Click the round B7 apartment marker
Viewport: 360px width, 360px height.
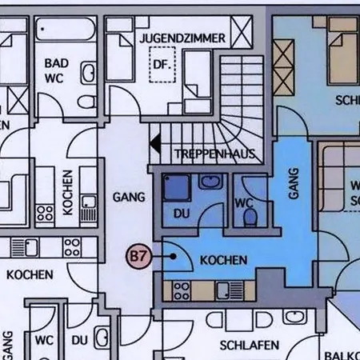(x=139, y=257)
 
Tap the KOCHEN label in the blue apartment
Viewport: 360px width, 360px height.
(x=223, y=260)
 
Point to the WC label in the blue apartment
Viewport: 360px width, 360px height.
(x=244, y=203)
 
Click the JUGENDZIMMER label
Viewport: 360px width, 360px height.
(x=182, y=38)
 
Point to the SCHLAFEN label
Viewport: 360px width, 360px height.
(x=249, y=345)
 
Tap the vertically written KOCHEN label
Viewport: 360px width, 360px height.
(x=67, y=191)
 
